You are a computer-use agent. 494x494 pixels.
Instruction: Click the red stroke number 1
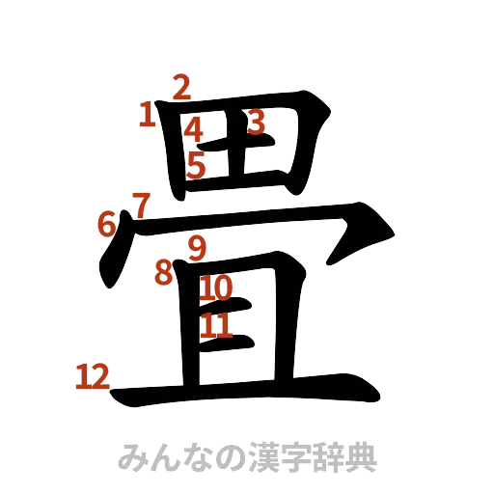(x=148, y=116)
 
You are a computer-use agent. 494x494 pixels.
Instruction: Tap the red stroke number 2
(x=180, y=86)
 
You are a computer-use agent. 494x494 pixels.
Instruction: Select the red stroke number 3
(x=255, y=122)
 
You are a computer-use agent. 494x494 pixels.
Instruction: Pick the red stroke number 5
(x=196, y=164)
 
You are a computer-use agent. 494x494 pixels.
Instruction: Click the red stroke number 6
(x=106, y=224)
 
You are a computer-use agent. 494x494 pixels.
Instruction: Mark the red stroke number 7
(x=141, y=204)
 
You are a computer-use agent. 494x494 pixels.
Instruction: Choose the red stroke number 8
(x=164, y=271)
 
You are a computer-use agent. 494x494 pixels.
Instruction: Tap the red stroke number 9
(x=197, y=248)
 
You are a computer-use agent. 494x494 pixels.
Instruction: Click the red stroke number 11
(x=216, y=325)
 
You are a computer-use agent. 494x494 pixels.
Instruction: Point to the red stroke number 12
(x=93, y=376)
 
